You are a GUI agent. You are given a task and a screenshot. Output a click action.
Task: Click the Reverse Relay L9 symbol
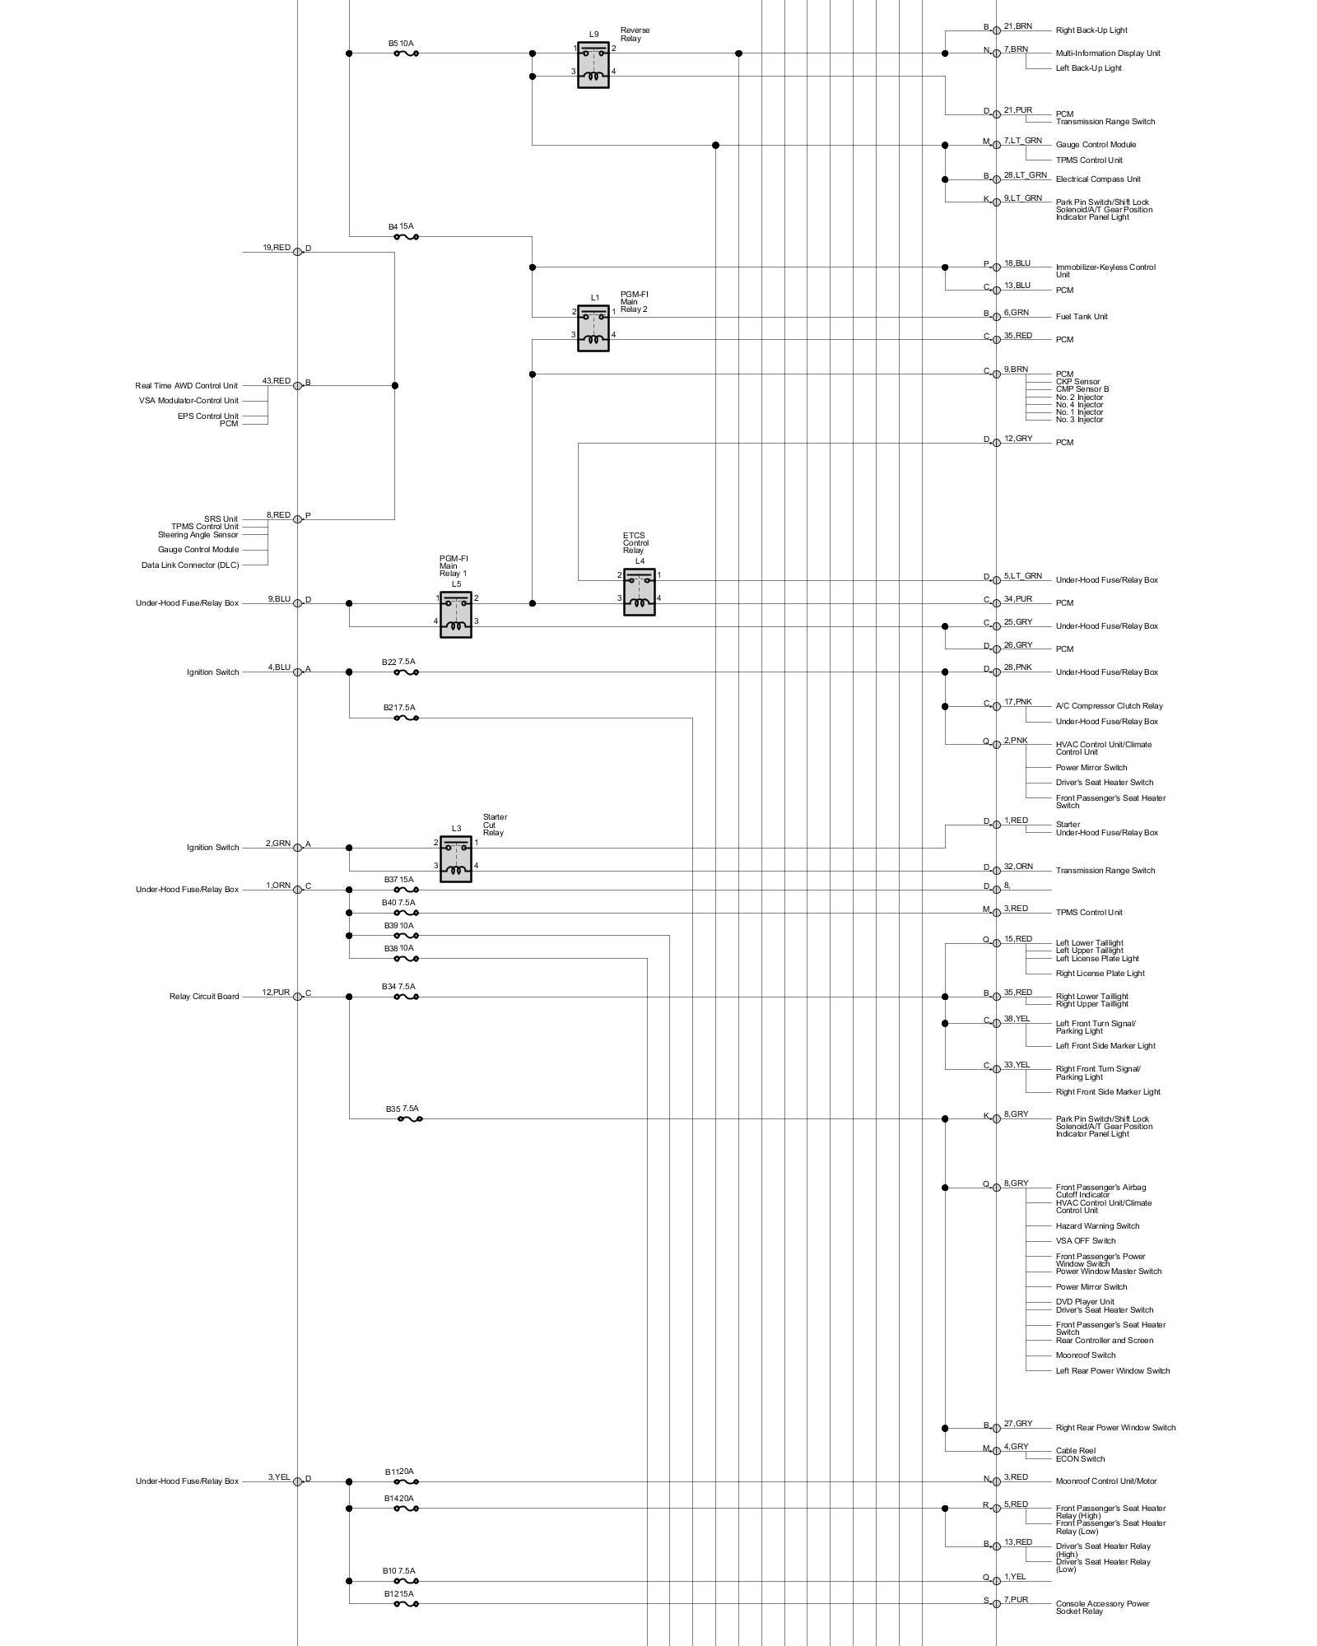(593, 65)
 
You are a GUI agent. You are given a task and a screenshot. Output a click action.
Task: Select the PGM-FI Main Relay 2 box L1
(593, 328)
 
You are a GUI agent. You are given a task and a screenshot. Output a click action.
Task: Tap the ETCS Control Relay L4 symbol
(639, 592)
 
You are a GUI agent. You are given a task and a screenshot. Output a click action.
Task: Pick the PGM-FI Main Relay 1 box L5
(455, 614)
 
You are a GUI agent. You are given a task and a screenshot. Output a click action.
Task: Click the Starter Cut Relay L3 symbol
(455, 858)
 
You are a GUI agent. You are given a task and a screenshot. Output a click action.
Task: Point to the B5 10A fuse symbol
(406, 53)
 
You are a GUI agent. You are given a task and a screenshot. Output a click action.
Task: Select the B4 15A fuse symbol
(406, 237)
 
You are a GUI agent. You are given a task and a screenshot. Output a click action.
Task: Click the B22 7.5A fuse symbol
(406, 672)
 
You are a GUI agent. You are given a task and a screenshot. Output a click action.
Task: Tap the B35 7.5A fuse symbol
(410, 1119)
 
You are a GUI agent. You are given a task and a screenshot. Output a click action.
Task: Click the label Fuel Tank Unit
(1082, 317)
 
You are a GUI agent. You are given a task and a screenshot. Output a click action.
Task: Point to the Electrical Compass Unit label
(1098, 179)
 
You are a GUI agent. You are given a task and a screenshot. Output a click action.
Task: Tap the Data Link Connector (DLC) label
(190, 565)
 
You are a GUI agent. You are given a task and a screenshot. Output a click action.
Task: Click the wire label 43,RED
(276, 381)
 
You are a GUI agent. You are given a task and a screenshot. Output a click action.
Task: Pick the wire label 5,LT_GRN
(1022, 576)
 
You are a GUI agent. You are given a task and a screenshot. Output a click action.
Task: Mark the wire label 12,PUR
(276, 993)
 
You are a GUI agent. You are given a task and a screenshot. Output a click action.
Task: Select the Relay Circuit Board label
(204, 997)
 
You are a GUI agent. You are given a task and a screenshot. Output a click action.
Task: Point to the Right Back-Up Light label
(1091, 30)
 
